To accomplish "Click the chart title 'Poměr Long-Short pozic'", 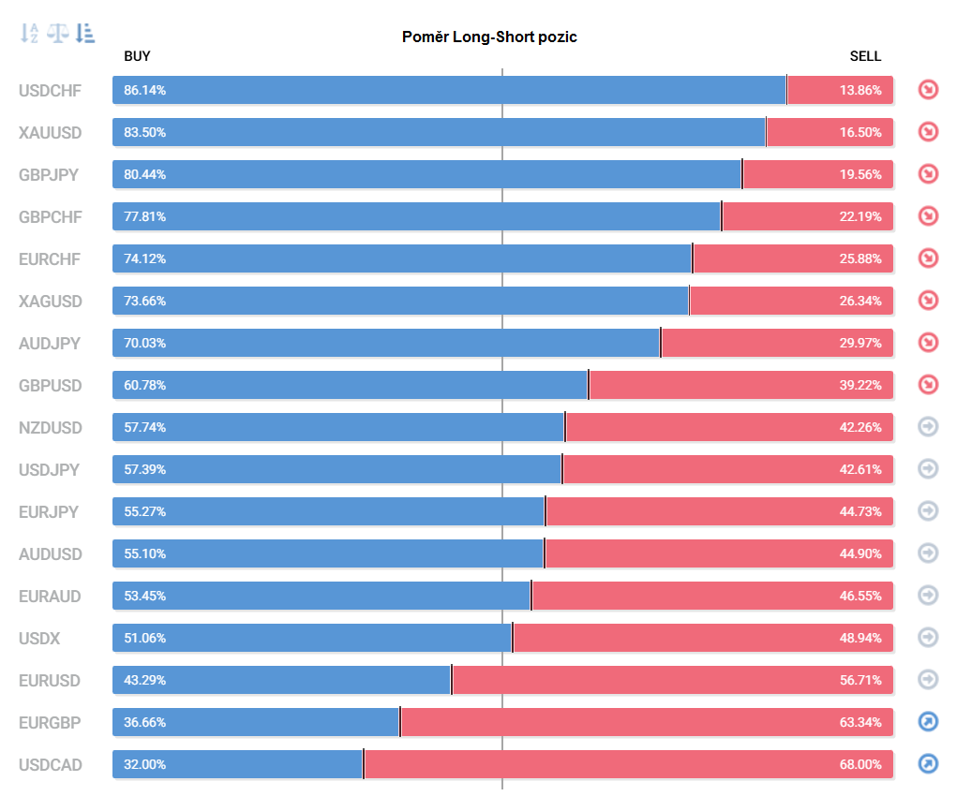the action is pyautogui.click(x=489, y=37).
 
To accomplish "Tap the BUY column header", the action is pyautogui.click(x=137, y=56).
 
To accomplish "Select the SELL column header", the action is pyautogui.click(x=865, y=56).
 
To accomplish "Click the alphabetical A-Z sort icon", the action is pyautogui.click(x=29, y=34).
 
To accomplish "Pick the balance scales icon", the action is pyautogui.click(x=57, y=34).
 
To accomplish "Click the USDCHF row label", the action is pyautogui.click(x=51, y=91).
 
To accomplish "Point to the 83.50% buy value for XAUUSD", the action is pyautogui.click(x=145, y=132).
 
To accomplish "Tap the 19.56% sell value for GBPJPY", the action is pyautogui.click(x=860, y=174).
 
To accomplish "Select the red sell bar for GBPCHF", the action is pyautogui.click(x=808, y=216).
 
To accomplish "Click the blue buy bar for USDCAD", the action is pyautogui.click(x=237, y=764).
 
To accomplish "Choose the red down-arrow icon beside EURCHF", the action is pyautogui.click(x=928, y=258).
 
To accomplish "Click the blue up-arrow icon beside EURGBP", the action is pyautogui.click(x=928, y=722).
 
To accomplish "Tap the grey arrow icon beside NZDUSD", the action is pyautogui.click(x=928, y=427).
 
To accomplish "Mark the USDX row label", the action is pyautogui.click(x=39, y=639).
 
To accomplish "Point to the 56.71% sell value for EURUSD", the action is pyautogui.click(x=860, y=681).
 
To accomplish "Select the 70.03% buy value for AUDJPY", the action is pyautogui.click(x=145, y=344).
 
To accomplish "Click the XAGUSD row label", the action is pyautogui.click(x=51, y=302).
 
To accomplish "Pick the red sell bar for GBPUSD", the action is pyautogui.click(x=741, y=386).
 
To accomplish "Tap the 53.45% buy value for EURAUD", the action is pyautogui.click(x=145, y=597).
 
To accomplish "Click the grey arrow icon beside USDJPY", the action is pyautogui.click(x=928, y=469).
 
